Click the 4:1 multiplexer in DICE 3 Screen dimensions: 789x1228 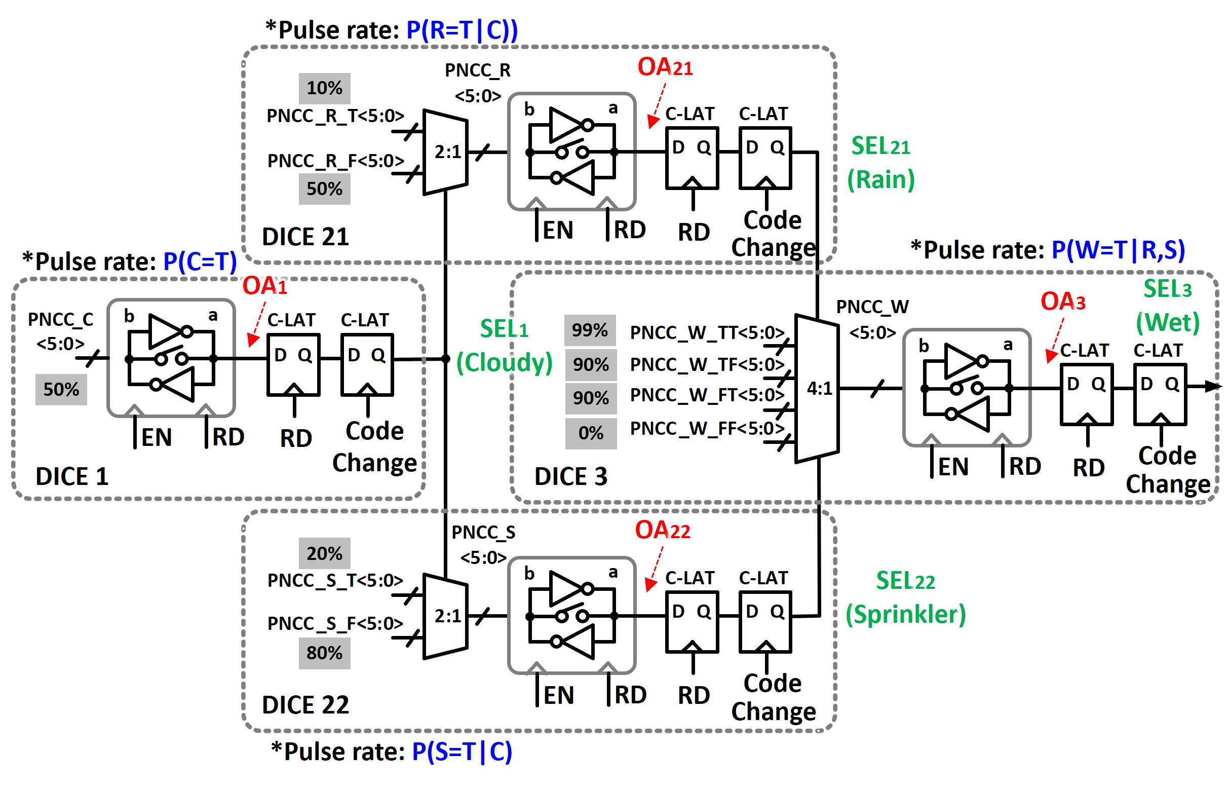point(817,388)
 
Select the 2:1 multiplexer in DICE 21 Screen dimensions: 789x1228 point(445,152)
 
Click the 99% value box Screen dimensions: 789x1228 point(589,330)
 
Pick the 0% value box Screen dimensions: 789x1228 point(591,433)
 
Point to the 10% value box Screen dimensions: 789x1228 point(324,88)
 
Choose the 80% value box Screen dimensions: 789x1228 point(324,653)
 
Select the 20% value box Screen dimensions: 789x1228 point(324,553)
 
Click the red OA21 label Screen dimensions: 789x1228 point(664,67)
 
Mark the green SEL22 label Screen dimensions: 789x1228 point(905,581)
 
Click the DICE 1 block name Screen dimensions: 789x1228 point(72,476)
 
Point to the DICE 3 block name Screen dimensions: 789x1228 point(570,476)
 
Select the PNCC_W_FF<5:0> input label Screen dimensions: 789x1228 point(707,428)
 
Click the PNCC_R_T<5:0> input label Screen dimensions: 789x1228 point(335,116)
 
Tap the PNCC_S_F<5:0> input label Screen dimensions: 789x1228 point(335,623)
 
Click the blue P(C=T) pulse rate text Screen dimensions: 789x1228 point(200,261)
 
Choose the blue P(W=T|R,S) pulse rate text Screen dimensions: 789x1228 point(1118,250)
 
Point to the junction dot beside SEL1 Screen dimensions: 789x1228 point(445,359)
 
